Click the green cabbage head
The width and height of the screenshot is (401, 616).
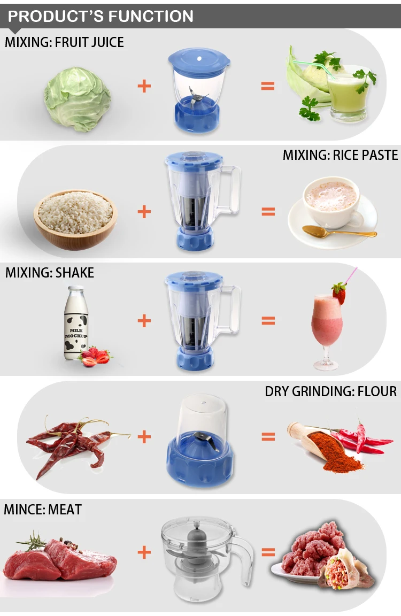(x=78, y=99)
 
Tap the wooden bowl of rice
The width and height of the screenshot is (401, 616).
(x=75, y=220)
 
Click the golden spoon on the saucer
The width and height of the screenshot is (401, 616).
(x=339, y=232)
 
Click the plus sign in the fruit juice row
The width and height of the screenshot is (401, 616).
(x=144, y=86)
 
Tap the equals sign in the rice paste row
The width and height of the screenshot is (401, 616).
(x=268, y=212)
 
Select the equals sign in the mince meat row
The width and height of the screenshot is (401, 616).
(x=268, y=552)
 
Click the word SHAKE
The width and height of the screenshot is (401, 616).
(x=75, y=273)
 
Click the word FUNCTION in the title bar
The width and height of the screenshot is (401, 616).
(x=151, y=16)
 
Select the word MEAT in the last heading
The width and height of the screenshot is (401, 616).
(x=65, y=510)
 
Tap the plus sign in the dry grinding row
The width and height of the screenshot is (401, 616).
(x=144, y=436)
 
